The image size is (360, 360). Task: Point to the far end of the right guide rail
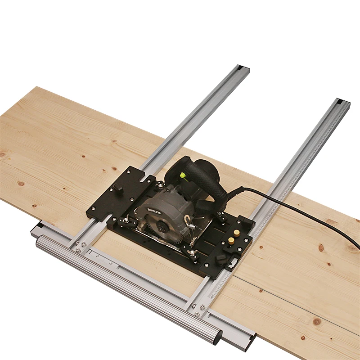point(343,102)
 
